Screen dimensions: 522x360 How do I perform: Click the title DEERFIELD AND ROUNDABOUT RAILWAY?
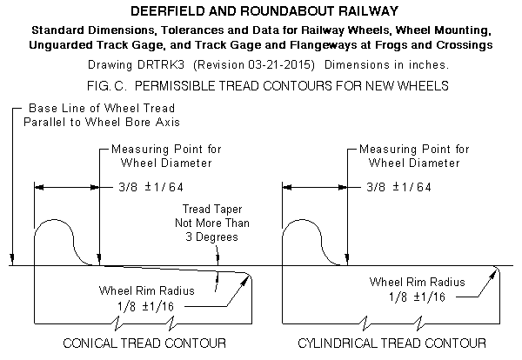264,11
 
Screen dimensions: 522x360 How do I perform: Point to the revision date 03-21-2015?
278,64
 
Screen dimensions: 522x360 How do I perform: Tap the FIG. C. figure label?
106,86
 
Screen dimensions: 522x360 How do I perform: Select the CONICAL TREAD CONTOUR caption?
144,343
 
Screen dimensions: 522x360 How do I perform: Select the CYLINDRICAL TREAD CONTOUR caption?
391,343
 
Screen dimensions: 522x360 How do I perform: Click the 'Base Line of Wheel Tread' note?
102,108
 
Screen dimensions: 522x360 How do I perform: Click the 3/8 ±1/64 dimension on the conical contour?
151,187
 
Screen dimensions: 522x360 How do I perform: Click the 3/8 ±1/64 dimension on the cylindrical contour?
398,187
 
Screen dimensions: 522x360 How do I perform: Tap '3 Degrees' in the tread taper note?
211,237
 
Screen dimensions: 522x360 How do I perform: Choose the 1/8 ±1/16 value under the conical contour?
145,306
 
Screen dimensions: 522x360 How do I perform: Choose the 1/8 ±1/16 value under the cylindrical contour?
417,297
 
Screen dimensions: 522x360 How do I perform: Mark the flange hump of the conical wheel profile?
54,220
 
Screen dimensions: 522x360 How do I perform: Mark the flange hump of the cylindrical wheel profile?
302,220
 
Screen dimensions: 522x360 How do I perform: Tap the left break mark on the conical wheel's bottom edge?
117,323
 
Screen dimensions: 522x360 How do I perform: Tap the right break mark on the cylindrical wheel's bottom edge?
419,323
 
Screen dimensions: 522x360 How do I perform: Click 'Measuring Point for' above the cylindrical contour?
414,149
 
